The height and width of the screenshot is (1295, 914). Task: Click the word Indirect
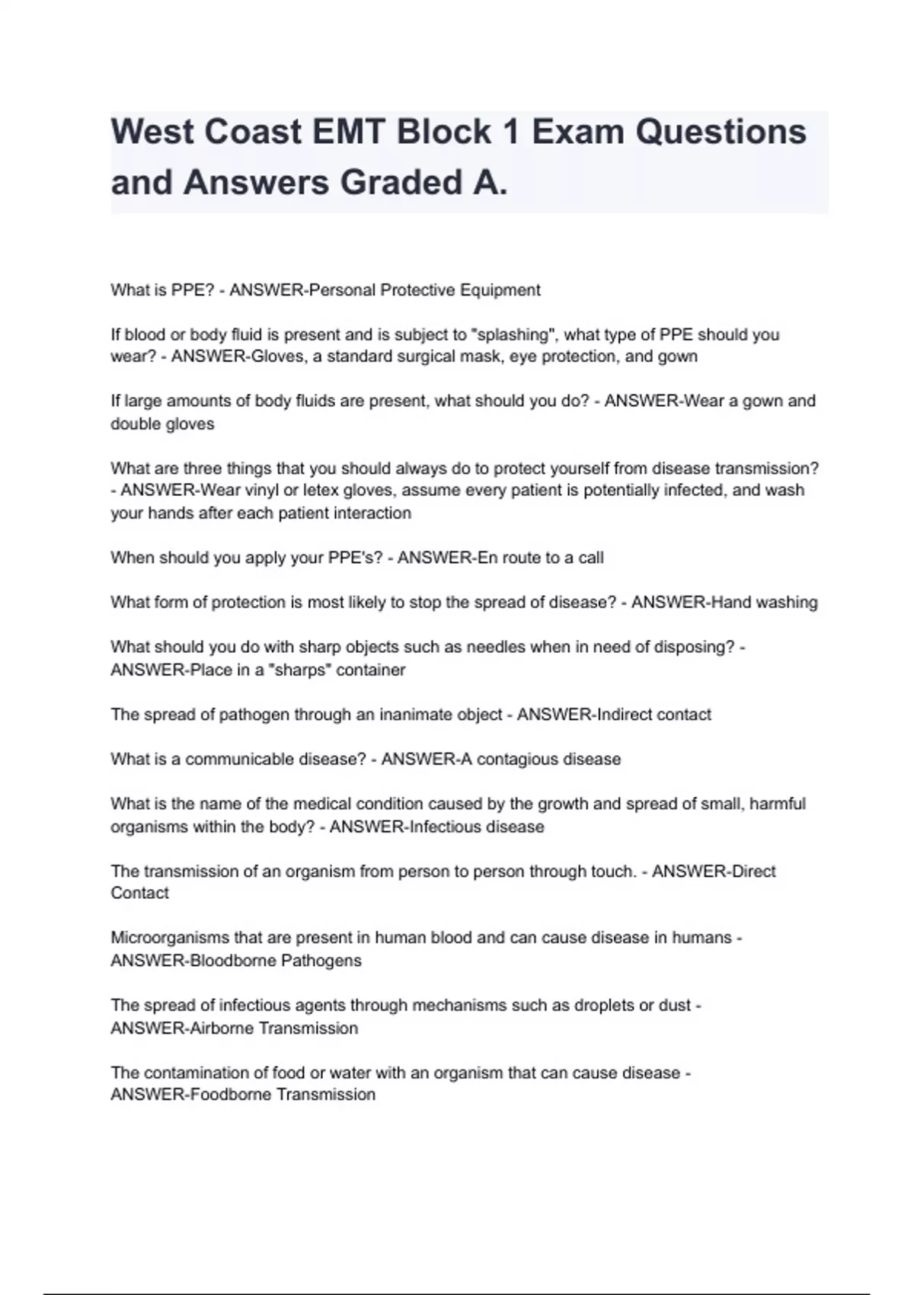[x=625, y=715]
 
